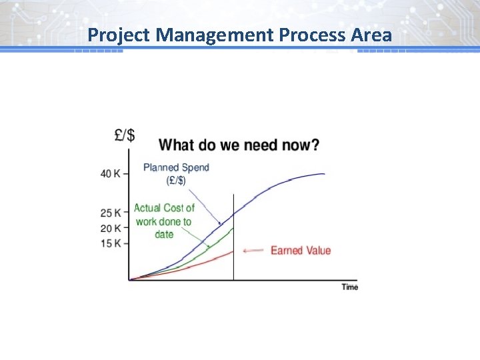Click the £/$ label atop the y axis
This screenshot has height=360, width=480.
point(125,135)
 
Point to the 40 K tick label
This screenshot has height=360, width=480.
point(110,174)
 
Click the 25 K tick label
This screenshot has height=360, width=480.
point(110,213)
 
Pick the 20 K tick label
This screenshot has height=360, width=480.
point(110,229)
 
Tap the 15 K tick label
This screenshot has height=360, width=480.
point(110,243)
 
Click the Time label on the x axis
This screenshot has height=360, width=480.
point(350,287)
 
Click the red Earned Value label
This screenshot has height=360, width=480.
point(300,251)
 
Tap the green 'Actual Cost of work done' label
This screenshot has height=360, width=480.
point(164,221)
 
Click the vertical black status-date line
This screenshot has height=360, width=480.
point(233,240)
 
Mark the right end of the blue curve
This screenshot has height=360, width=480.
point(324,174)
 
